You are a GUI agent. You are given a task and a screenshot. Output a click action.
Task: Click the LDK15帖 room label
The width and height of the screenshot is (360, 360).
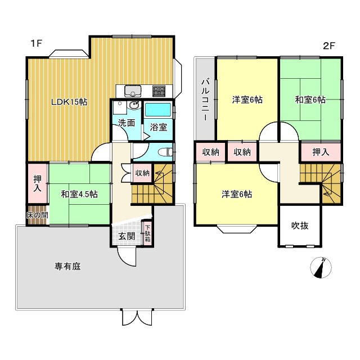click(69, 102)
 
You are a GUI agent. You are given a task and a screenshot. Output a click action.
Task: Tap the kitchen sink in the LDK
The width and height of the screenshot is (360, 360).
click(133, 91)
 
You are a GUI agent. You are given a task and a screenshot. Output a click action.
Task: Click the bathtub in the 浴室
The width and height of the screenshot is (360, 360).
click(158, 109)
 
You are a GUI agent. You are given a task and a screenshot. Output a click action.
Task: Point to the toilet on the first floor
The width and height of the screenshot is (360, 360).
click(165, 151)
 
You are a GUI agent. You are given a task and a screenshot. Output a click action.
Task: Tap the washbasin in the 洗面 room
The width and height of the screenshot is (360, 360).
click(133, 107)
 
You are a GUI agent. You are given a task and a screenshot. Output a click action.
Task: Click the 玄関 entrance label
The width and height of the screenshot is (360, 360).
click(127, 236)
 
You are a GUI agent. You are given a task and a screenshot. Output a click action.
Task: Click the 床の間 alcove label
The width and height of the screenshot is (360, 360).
click(37, 215)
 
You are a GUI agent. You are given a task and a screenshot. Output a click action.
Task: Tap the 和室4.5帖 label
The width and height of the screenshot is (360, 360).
click(79, 195)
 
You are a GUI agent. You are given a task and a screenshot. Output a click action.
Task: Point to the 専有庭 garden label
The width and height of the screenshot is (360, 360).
click(67, 267)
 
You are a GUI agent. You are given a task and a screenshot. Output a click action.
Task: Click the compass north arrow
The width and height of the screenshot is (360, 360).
click(322, 268)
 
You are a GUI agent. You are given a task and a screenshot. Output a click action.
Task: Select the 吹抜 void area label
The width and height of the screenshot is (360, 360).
click(300, 226)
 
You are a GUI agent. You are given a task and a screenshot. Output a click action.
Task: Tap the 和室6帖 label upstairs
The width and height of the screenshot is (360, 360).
click(310, 100)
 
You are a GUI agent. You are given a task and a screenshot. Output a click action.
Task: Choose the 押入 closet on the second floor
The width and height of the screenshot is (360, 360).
click(320, 151)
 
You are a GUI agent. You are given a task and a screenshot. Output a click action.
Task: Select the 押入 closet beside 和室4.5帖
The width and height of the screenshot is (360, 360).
click(37, 184)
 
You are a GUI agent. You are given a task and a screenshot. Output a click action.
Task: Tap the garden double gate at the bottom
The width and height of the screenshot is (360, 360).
click(137, 318)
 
